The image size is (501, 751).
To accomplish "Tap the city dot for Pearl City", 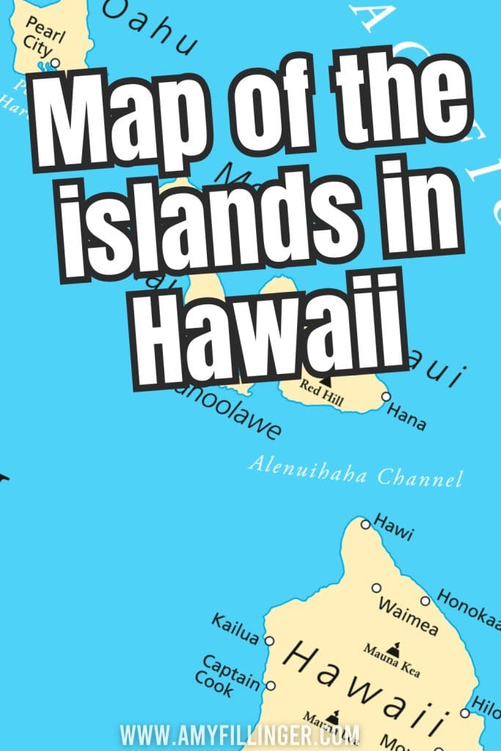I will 55,62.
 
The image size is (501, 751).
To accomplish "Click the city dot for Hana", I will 386,397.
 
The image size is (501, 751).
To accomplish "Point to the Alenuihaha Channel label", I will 356,472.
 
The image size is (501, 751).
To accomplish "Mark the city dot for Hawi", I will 365,523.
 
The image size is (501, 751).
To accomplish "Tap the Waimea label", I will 408,616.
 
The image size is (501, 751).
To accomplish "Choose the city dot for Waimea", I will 376,587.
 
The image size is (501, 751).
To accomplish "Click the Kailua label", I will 235,630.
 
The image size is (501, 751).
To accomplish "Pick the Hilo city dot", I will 464,712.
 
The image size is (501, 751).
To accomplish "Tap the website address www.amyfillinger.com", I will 241,734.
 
